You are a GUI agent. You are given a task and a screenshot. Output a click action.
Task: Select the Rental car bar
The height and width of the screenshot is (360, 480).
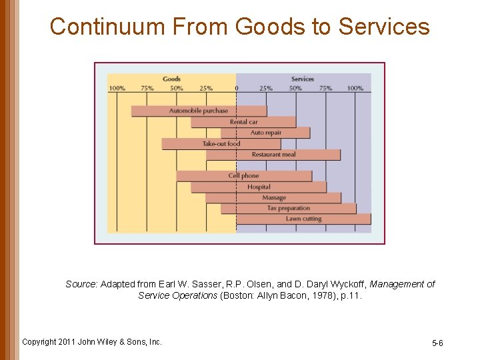(243, 122)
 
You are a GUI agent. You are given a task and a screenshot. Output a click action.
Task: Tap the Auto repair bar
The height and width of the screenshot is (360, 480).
(265, 133)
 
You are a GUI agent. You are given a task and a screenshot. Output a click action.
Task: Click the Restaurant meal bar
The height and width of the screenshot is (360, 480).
(273, 155)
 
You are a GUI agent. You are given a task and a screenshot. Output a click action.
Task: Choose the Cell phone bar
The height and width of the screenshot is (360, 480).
(244, 176)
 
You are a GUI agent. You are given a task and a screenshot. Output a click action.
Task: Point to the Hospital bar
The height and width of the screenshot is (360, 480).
(259, 187)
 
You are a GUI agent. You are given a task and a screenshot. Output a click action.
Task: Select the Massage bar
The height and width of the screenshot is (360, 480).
(273, 197)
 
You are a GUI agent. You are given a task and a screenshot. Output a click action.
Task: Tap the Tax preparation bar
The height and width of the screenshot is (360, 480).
(288, 208)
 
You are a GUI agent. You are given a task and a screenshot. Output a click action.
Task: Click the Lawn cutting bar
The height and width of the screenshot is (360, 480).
(303, 219)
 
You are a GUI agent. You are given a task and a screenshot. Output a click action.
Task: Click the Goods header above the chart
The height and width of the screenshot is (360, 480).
(171, 79)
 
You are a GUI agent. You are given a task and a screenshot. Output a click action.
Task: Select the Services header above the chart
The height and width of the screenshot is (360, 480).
(303, 79)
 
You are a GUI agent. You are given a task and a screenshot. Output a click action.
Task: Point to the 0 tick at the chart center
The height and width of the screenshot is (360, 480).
(237, 88)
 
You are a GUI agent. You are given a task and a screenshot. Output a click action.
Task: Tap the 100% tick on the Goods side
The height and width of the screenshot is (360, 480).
(117, 88)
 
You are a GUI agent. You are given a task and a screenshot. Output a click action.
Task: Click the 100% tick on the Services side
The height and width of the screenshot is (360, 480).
(355, 88)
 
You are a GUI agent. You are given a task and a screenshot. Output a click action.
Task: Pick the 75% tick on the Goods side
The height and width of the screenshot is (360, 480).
(147, 88)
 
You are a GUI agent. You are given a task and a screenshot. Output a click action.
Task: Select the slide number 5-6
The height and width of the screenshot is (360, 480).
(437, 343)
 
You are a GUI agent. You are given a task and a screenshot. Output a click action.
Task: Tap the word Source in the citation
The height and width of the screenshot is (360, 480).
(81, 284)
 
